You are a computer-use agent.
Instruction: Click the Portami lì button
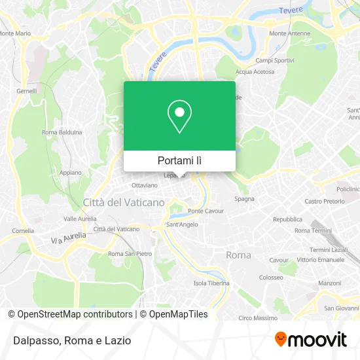tap(179, 160)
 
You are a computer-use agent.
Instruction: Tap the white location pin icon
tap(179, 117)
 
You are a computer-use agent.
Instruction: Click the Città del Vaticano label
tap(124, 202)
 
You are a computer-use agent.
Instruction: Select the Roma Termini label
tap(313, 230)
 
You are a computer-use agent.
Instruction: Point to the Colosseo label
tap(270, 277)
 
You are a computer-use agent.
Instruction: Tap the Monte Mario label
tap(14, 33)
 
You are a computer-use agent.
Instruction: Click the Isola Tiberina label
tap(211, 283)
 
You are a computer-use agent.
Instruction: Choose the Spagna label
tap(244, 198)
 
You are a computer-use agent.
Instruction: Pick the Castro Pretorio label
tap(323, 201)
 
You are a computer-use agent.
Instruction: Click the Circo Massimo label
tap(258, 318)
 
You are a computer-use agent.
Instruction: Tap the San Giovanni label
tap(339, 308)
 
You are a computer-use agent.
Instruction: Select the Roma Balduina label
tap(62, 132)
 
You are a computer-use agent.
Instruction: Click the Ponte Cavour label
tap(206, 211)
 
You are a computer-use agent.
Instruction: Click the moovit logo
tap(310, 339)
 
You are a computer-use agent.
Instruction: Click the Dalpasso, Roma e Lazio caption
tap(69, 340)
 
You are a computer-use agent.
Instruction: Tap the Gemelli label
tap(27, 91)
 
